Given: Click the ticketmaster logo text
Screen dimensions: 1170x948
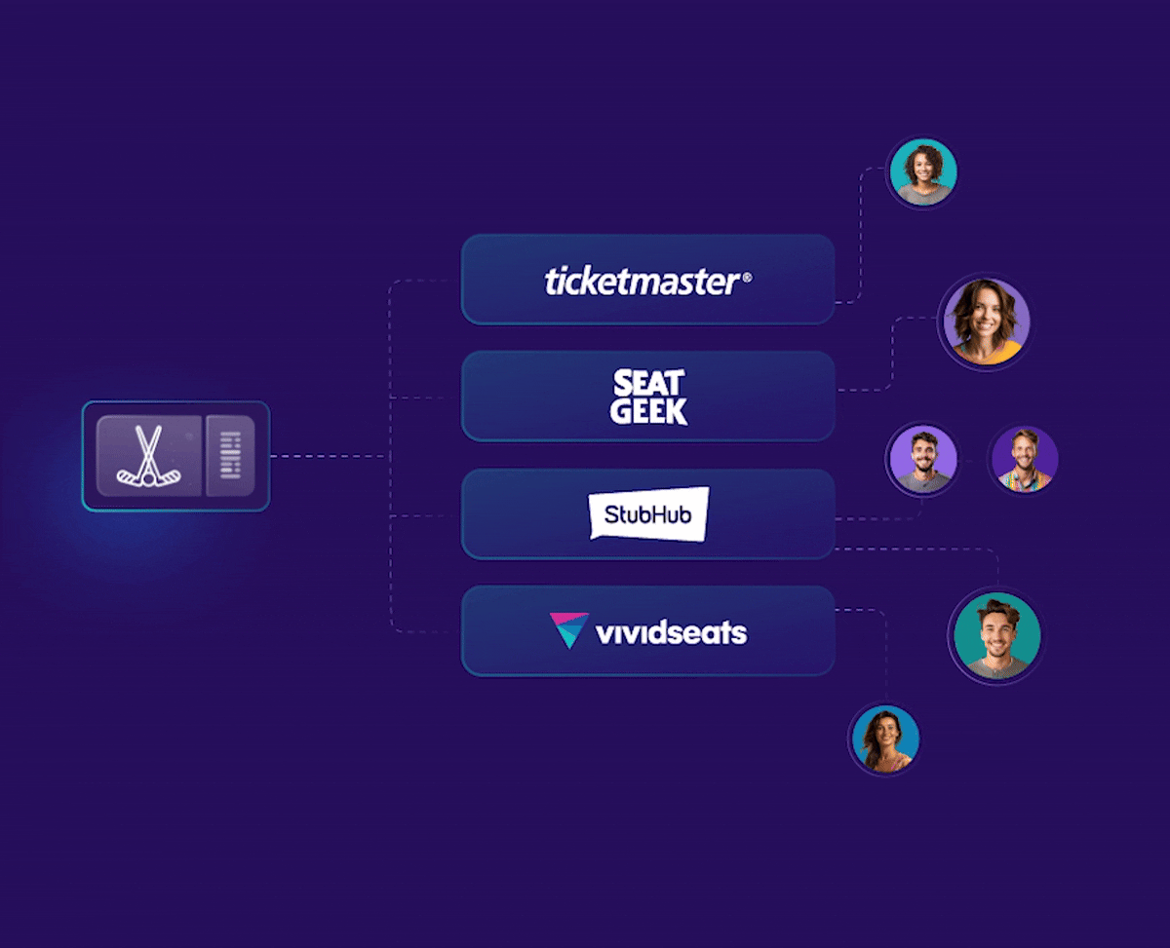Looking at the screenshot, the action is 642,282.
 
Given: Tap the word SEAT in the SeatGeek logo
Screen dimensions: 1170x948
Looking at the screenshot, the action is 648,383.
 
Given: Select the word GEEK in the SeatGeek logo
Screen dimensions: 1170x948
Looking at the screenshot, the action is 648,411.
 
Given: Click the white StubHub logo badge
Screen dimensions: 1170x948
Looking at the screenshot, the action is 648,514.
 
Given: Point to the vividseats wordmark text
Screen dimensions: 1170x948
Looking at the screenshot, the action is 671,632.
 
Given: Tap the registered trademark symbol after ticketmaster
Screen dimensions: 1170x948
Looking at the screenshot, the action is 747,278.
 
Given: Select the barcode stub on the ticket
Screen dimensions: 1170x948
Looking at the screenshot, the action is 231,456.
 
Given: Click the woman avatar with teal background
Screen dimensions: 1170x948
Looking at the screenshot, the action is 923,171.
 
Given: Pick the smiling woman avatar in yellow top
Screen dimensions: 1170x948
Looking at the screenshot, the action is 986,322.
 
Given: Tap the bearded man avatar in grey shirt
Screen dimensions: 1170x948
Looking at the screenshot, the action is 923,459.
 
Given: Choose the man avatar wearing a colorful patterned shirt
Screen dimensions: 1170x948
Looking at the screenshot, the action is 1025,459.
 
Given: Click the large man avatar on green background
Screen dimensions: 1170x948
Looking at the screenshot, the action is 997,635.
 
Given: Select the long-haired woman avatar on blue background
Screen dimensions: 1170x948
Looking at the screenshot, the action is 885,739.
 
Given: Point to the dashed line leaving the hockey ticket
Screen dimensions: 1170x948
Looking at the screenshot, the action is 330,456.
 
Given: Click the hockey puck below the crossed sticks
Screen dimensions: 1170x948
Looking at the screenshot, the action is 148,480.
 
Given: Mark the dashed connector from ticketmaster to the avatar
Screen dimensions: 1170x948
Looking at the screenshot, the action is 861,236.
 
